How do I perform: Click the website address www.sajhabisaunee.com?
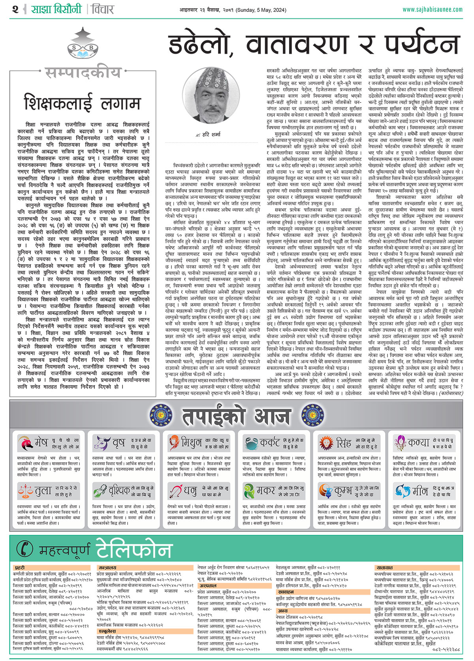click(x=433, y=9)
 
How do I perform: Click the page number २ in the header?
click(x=15, y=9)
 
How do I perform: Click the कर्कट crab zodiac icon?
click(x=250, y=443)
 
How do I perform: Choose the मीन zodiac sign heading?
click(x=420, y=491)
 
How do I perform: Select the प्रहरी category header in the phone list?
click(x=20, y=568)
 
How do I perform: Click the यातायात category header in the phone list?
click(x=384, y=568)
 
